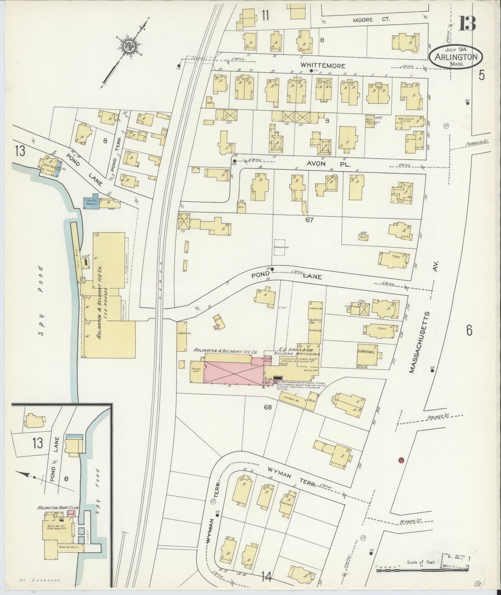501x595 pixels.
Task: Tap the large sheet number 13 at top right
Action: pyautogui.click(x=467, y=24)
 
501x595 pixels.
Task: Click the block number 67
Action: pyautogui.click(x=309, y=220)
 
